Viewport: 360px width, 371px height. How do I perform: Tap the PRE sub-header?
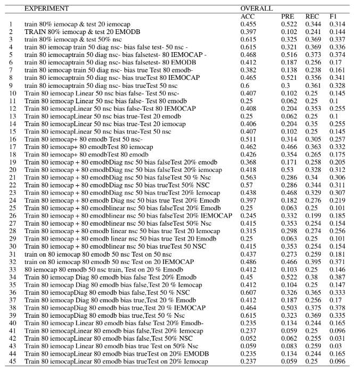click(x=288, y=17)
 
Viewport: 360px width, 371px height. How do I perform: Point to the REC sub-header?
click(x=312, y=17)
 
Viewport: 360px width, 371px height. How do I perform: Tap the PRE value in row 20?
click(x=288, y=171)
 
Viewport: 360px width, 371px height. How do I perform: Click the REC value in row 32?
click(x=313, y=263)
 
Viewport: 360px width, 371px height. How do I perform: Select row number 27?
click(x=11, y=225)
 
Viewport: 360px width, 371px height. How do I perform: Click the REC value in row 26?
click(x=313, y=217)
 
